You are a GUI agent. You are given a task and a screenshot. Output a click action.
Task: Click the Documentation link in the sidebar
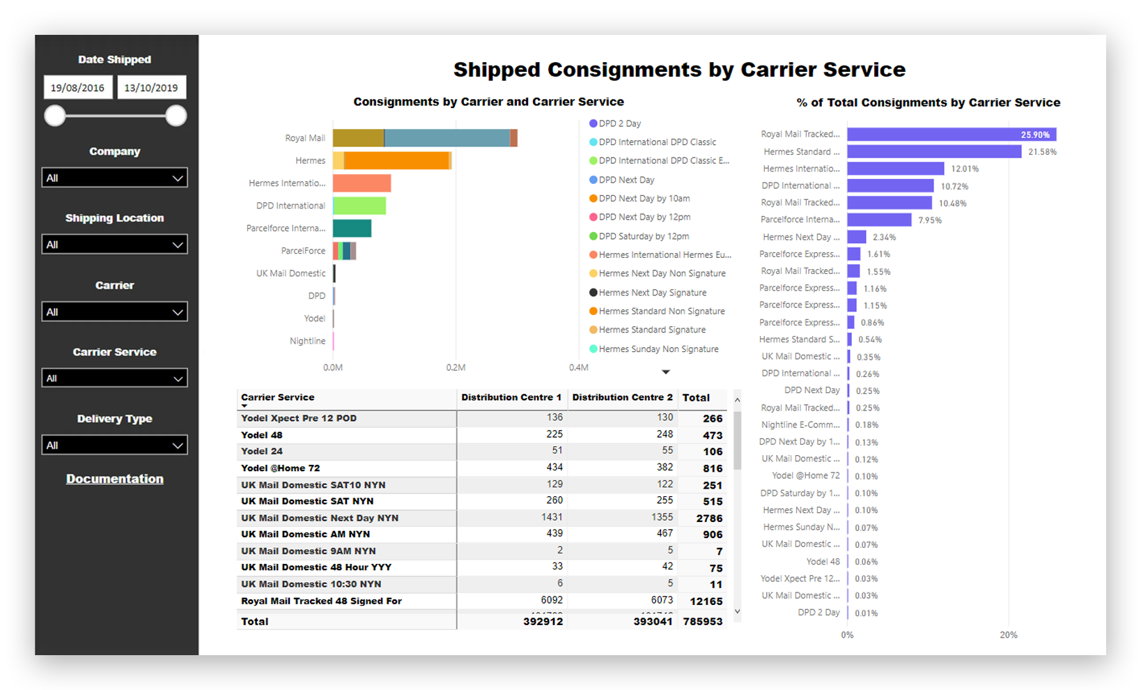point(115,479)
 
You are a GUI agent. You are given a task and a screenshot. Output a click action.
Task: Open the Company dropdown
point(115,178)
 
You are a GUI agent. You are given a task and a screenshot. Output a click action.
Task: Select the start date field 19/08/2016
point(77,88)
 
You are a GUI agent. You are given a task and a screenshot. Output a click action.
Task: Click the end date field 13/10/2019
point(151,88)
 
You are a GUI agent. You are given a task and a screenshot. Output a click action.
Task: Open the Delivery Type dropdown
point(115,445)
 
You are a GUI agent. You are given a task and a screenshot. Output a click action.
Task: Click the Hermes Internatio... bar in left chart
point(362,183)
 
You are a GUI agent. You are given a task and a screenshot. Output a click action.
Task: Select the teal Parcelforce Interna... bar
point(352,229)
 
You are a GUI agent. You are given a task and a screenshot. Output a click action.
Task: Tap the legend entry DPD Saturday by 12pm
point(644,236)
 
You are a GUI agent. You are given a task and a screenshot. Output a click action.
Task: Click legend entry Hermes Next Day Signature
point(652,293)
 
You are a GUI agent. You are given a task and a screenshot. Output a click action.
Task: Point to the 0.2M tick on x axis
point(456,367)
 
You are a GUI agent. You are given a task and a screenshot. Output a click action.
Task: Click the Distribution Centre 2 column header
point(622,397)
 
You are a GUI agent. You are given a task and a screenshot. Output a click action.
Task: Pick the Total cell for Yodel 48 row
point(712,435)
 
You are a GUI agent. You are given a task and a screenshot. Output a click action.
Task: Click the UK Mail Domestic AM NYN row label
point(305,535)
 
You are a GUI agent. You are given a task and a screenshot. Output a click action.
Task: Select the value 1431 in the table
point(552,517)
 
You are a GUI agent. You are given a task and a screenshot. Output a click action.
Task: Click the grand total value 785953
point(702,621)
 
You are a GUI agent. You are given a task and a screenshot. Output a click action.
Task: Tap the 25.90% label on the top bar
point(1034,135)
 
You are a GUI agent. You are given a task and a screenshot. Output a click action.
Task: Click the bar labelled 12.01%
point(895,169)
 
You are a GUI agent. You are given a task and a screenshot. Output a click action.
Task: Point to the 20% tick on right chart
point(1008,635)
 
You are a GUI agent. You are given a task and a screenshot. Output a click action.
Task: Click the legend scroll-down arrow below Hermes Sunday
point(665,372)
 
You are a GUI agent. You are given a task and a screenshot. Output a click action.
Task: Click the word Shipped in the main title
point(497,70)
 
